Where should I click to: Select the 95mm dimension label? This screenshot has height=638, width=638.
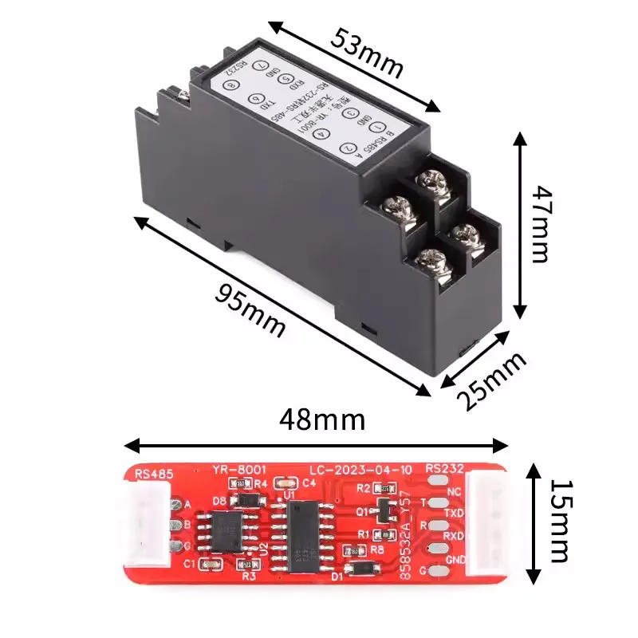(x=250, y=309)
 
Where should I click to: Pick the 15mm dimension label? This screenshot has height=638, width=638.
(x=559, y=521)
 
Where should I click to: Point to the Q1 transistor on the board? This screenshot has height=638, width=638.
(x=386, y=508)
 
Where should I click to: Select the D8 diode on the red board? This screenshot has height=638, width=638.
(x=247, y=499)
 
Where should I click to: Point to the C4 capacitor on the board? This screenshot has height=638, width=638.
(x=282, y=482)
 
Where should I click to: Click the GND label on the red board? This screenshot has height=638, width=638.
(x=455, y=559)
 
